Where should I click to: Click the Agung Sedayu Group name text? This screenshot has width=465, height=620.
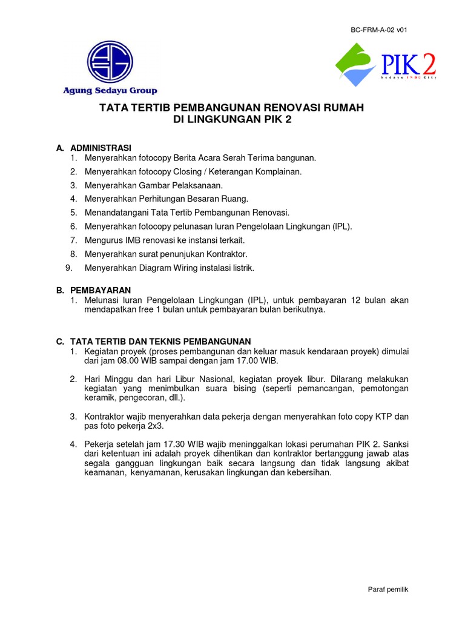point(110,91)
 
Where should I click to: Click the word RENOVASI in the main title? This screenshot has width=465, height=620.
point(291,108)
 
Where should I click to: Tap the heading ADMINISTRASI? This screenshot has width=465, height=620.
point(101,148)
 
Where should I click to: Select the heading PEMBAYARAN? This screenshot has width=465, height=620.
point(101,290)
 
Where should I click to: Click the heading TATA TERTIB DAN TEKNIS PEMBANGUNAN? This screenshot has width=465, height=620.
point(160,341)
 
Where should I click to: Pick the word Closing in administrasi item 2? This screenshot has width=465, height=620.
point(188,171)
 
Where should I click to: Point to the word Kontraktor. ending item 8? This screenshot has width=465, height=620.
point(228,254)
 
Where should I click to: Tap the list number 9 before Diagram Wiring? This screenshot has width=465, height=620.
point(68,268)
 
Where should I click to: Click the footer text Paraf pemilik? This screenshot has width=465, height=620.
point(388,590)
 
